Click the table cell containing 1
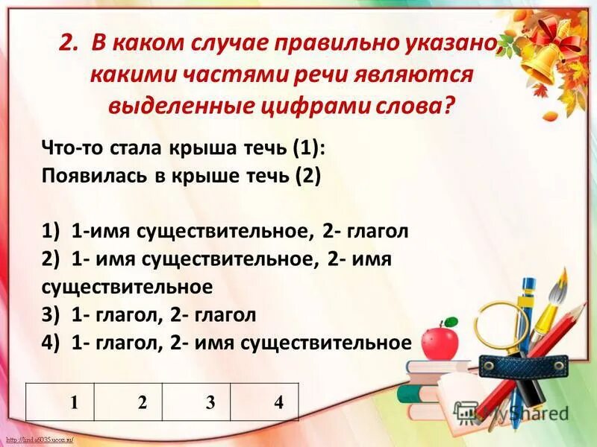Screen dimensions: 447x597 point(74,403)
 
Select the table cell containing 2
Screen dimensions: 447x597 point(142,403)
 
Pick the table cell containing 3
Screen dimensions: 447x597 point(210,403)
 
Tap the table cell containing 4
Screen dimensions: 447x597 point(278,403)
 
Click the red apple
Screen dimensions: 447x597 point(440,341)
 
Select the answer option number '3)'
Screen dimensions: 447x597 point(51,315)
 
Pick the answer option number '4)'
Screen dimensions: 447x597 point(51,343)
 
